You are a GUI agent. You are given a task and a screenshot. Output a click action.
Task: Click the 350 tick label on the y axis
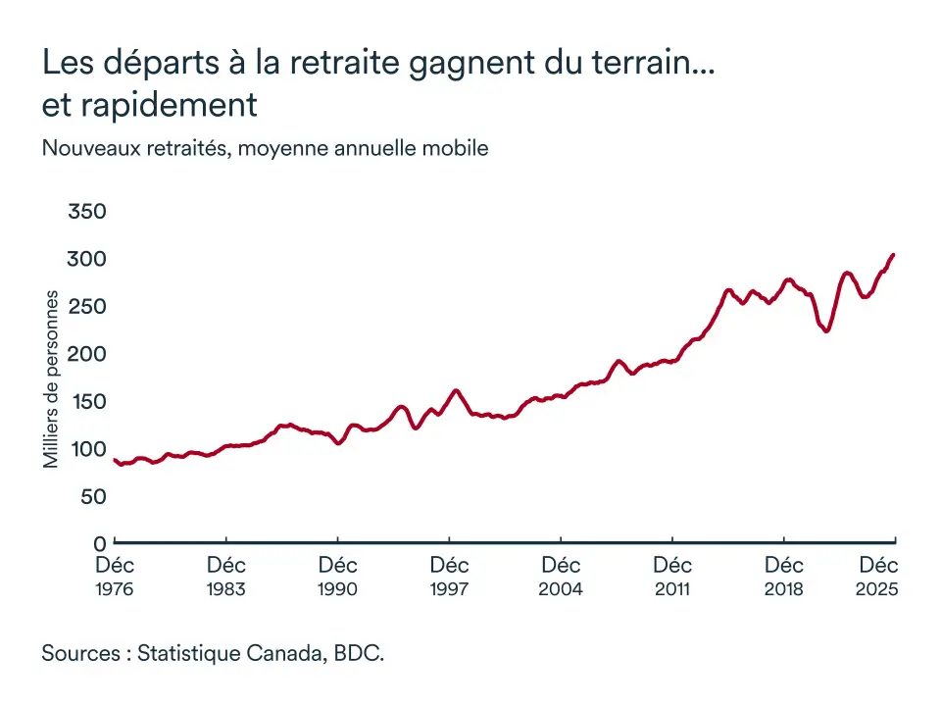(x=86, y=212)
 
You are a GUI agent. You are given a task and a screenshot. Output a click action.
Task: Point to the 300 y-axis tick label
(x=86, y=259)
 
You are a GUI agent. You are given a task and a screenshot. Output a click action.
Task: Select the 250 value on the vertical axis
(x=86, y=307)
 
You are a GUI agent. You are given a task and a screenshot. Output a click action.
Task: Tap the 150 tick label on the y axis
(x=86, y=402)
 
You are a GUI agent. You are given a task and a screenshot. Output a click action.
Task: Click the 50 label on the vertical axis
(x=92, y=497)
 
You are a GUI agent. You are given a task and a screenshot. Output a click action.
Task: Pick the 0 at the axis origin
(x=99, y=543)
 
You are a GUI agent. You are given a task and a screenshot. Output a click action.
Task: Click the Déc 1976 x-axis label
(x=115, y=577)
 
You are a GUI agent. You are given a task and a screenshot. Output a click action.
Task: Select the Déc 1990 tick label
(x=338, y=577)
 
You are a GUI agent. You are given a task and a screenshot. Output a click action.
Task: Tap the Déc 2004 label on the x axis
(x=561, y=577)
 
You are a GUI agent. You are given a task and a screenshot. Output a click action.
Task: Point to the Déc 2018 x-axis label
(x=784, y=577)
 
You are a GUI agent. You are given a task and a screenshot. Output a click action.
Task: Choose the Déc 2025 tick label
(x=878, y=577)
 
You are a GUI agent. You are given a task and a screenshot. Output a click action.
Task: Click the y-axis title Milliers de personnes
(x=52, y=378)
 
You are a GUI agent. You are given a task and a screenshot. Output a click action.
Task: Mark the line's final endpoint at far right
(x=893, y=255)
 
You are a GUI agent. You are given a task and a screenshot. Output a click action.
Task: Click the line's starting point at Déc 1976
(x=115, y=460)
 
